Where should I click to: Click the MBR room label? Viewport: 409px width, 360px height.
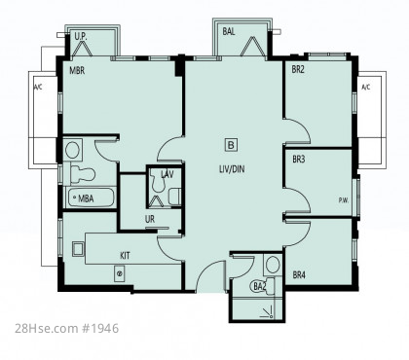coord(77,70)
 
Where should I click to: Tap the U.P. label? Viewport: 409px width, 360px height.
coord(81,36)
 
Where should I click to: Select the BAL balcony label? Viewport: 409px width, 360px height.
coord(229,31)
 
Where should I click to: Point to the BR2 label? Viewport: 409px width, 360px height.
coord(298,69)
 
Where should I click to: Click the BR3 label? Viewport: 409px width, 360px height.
coord(299,160)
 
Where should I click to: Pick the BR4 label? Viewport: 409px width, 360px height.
coord(299,275)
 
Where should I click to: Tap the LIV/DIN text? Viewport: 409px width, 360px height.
coord(232,169)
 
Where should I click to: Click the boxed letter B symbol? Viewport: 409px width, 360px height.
coord(231,145)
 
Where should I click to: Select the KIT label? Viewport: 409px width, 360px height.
coord(125,256)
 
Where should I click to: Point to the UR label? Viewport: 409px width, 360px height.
coord(150,219)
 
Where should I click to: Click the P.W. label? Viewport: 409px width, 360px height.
coord(344,200)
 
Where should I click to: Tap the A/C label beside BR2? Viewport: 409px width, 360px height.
coord(366,87)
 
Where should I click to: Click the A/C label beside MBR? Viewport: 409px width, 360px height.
coord(38,87)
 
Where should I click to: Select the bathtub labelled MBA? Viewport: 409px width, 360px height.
coord(92,198)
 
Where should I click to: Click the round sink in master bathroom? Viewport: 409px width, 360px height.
coord(72,150)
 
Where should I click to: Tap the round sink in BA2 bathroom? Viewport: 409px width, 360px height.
coord(273,265)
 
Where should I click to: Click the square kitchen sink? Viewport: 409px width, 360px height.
coord(78,249)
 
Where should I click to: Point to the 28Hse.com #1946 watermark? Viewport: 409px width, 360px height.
coord(67,328)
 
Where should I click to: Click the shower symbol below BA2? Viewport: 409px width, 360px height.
coord(268,312)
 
